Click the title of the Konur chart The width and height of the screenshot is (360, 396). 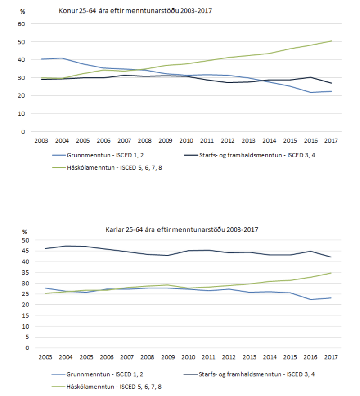click(x=135, y=10)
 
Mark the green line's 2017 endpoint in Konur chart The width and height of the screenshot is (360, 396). click(x=332, y=41)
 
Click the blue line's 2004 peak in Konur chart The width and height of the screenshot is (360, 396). click(x=62, y=58)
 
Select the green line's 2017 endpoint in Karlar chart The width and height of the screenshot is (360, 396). click(x=332, y=273)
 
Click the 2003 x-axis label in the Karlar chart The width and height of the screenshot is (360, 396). click(x=45, y=357)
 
